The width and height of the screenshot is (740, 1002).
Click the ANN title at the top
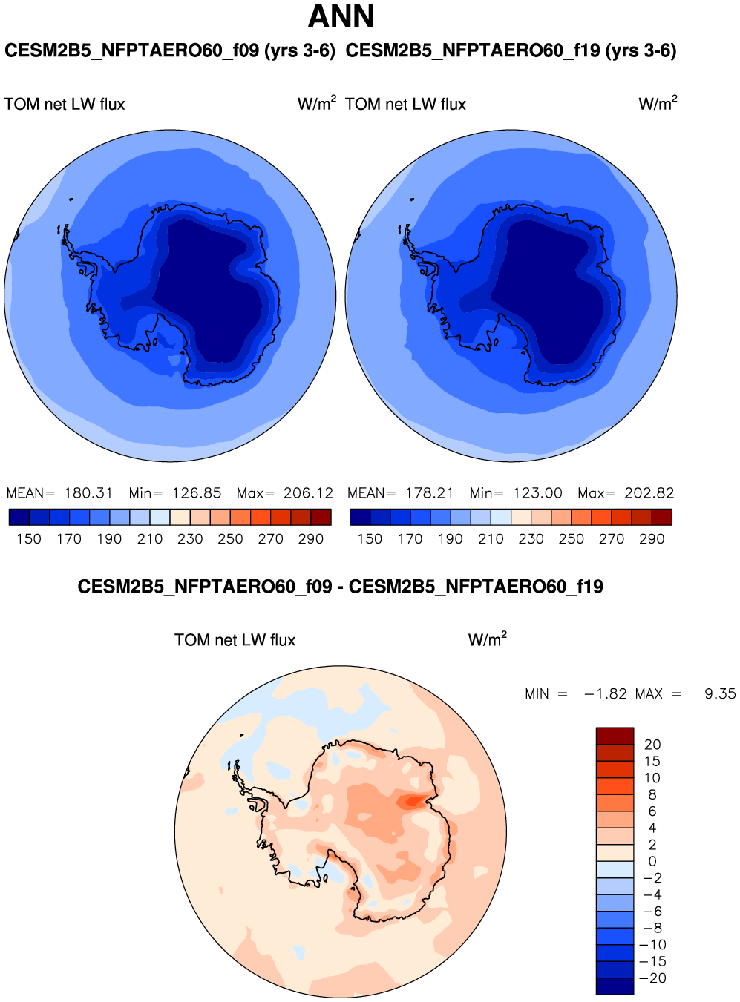coord(341,16)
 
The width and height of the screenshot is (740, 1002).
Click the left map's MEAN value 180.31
coord(88,493)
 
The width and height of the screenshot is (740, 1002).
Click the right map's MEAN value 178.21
coord(429,493)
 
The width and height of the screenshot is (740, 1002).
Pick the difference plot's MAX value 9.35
coord(719,694)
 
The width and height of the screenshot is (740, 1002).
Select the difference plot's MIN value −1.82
coord(605,694)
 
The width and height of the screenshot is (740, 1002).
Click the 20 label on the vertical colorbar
coord(652,745)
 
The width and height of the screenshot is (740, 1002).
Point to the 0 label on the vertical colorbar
coord(652,862)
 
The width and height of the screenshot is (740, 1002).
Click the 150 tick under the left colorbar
coord(29,539)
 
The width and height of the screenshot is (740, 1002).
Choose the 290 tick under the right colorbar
coord(652,539)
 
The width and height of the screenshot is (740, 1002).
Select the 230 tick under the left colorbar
coord(190,539)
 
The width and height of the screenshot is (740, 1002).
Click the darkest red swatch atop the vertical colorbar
coord(615,736)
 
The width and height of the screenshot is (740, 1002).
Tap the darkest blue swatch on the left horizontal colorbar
coord(19,517)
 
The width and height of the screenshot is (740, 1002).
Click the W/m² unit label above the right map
coord(658,104)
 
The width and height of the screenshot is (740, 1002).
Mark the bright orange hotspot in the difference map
coord(413,801)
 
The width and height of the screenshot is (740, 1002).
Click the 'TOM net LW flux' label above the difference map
coord(235,640)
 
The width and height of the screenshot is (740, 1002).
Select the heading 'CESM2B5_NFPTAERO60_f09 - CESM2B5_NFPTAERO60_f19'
coord(340,587)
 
